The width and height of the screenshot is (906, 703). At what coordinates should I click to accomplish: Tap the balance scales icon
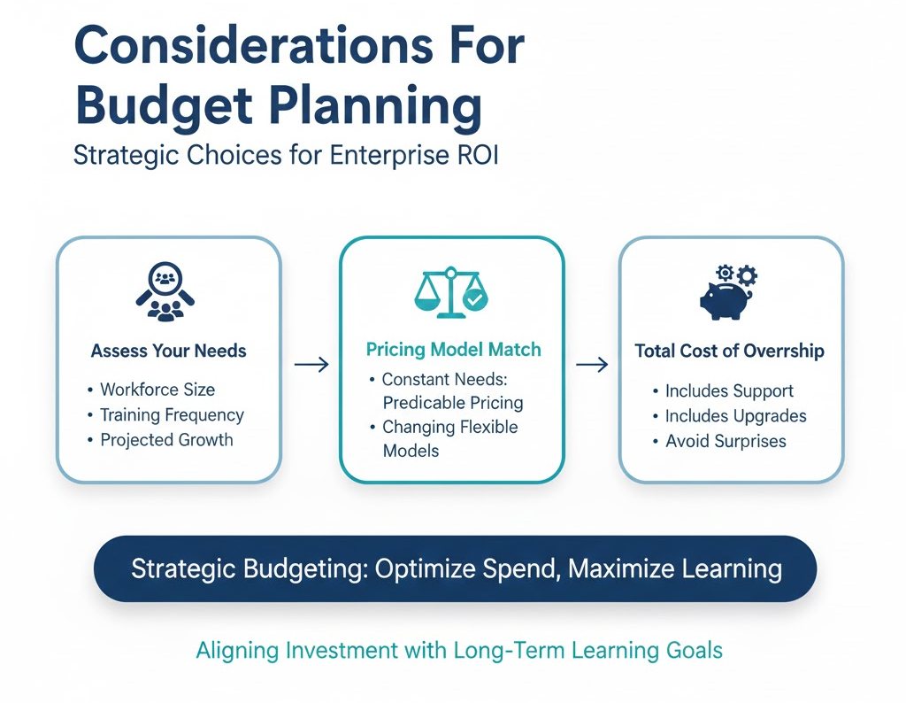tap(451, 292)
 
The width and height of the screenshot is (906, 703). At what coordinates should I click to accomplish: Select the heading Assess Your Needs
tap(168, 351)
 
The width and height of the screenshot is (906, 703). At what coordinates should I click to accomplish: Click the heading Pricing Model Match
tap(453, 349)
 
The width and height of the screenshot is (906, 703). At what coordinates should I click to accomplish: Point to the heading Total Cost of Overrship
tap(729, 351)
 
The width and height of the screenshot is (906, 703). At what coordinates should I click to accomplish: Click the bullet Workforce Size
tap(157, 390)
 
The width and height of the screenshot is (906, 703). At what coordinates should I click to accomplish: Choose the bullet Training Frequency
tap(172, 414)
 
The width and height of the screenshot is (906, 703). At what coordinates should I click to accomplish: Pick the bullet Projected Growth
tap(166, 440)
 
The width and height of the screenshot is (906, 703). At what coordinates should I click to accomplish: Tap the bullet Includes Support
tap(729, 390)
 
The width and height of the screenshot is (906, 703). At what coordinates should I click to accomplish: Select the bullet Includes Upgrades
tap(735, 415)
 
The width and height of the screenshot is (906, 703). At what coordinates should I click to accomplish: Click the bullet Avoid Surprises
tap(726, 441)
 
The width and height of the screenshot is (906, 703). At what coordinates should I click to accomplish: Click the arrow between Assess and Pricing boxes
tap(311, 365)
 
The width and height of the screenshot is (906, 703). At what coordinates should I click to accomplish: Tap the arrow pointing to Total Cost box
tap(591, 365)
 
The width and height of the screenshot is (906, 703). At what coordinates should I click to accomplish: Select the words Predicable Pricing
tap(452, 403)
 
